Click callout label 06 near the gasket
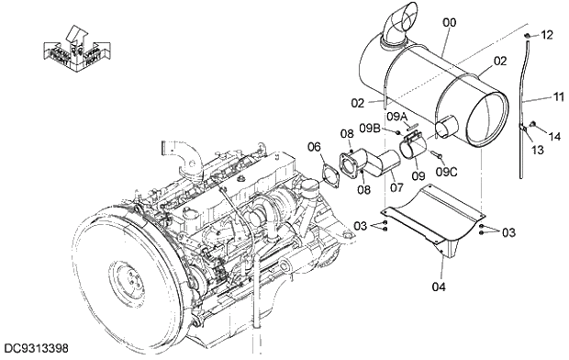[314, 147]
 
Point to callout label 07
[396, 188]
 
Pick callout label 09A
[398, 117]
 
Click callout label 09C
[447, 171]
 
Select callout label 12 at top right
[547, 35]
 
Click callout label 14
[553, 136]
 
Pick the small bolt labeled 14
[534, 125]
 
